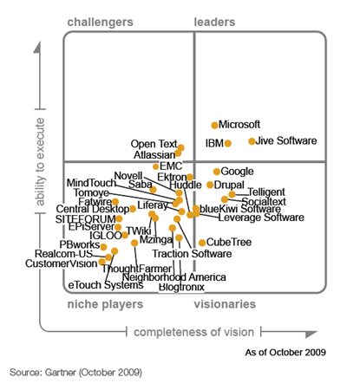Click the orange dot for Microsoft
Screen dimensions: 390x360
[x=215, y=126]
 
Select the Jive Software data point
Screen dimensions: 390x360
[x=252, y=141]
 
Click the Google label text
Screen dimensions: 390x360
[x=237, y=172]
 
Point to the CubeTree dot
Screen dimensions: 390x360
[x=202, y=244]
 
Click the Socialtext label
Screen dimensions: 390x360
[x=264, y=201]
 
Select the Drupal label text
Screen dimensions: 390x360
[x=229, y=185]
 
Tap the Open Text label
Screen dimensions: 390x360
[x=154, y=145]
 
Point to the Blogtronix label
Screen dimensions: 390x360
[x=183, y=287]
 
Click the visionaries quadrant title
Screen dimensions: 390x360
[x=224, y=304]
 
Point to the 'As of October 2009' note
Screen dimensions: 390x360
[x=285, y=353]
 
